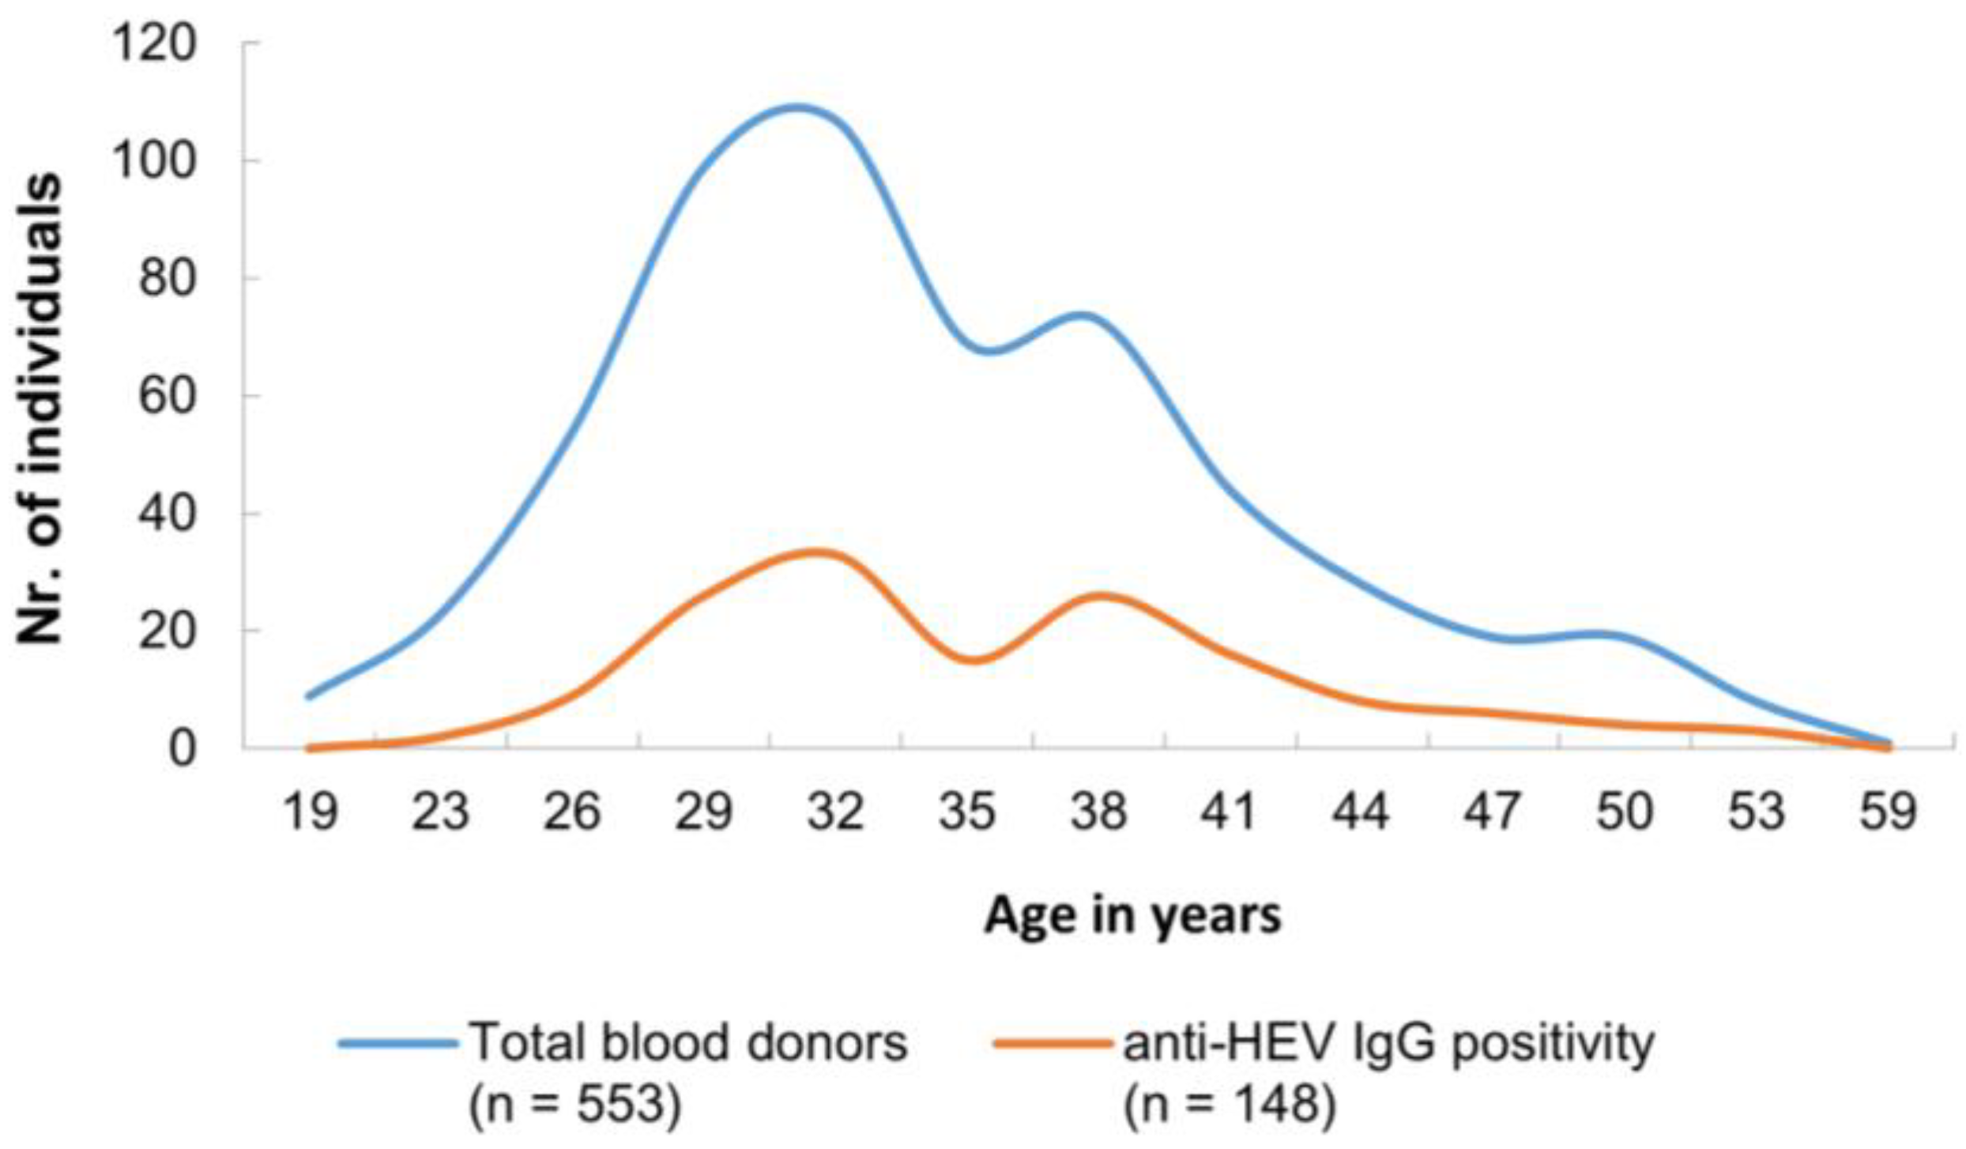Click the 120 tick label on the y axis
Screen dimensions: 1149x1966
tap(153, 44)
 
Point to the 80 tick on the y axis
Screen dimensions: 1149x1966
tap(167, 279)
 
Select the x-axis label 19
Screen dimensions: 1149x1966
tap(311, 812)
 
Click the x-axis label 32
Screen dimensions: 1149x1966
tap(836, 812)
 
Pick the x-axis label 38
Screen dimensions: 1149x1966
tap(1098, 812)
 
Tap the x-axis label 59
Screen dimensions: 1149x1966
tap(1888, 812)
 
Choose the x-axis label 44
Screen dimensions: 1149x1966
tap(1361, 812)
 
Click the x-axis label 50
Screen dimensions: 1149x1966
tap(1624, 812)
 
